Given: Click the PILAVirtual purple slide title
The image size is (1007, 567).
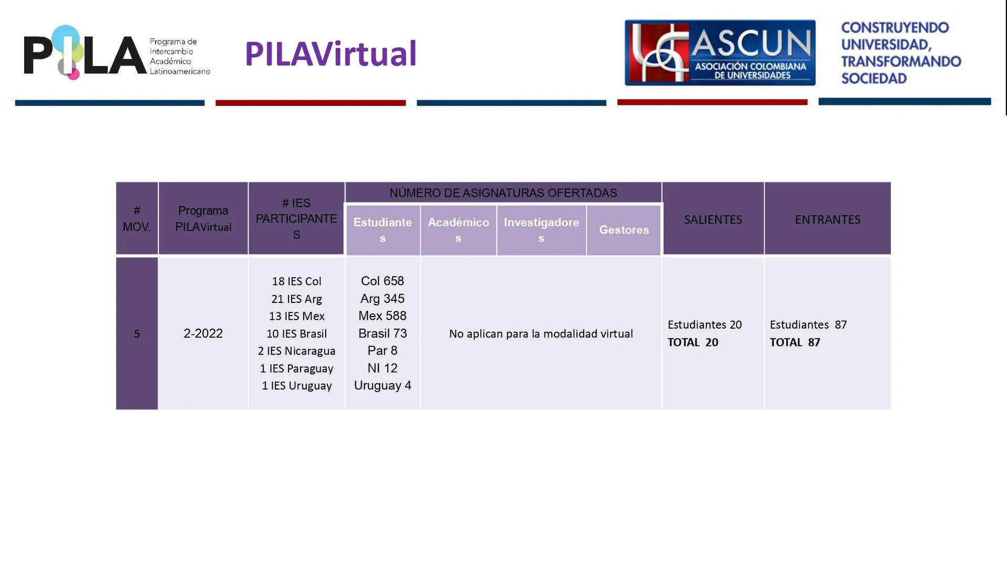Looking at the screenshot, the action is coord(330,54).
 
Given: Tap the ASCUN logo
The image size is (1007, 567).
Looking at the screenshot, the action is coord(720,52).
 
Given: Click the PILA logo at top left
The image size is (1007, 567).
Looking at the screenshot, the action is coord(117,52).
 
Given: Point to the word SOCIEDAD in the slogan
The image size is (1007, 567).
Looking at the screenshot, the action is coord(874,78).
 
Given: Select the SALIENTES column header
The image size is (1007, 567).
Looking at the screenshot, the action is coord(713,219).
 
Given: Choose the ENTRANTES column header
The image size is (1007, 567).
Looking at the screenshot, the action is coord(828,219).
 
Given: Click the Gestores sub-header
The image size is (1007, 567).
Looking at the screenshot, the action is coord(624,230).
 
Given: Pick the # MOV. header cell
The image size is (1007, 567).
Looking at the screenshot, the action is coord(137,218).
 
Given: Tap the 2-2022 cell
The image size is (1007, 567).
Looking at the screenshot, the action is coord(203,333).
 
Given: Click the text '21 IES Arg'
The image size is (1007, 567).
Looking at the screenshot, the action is coord(296,299).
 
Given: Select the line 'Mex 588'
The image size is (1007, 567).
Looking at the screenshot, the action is coord(382,316).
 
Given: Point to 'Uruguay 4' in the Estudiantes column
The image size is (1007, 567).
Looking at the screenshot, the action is coord(382,385).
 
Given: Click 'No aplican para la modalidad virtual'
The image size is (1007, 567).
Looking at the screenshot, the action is coord(541,334).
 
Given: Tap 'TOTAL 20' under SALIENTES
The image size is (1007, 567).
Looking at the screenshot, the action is coord(693,342).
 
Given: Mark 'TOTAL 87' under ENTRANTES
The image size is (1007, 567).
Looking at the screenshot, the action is coord(795,342).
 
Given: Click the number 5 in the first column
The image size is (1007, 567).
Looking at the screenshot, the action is coord(137,334).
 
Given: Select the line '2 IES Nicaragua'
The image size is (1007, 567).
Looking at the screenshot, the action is coord(296,351).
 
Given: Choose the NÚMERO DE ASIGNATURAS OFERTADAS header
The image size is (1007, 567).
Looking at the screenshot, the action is coord(503,193).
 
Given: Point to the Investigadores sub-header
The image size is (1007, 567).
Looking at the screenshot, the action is coord(541,230).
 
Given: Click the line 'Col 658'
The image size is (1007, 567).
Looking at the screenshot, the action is coord(382,281).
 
